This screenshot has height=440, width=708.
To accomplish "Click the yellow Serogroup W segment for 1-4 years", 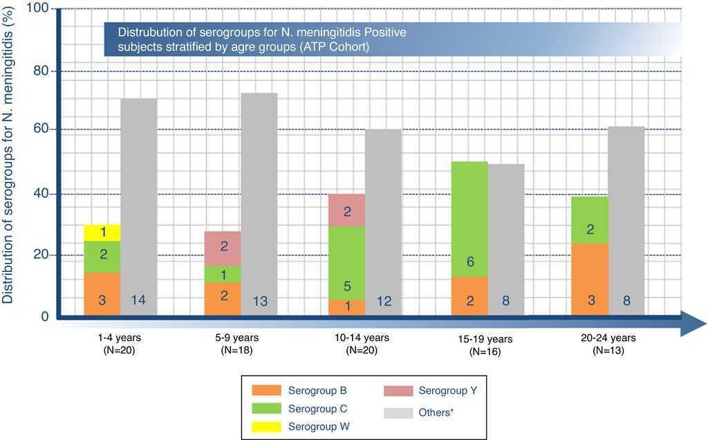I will click(x=102, y=232).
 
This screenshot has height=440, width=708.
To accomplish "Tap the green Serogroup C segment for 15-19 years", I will click(x=469, y=219).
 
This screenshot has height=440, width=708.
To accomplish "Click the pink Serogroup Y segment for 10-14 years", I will click(x=346, y=210).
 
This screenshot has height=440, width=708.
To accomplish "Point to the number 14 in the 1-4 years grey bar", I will click(x=138, y=300).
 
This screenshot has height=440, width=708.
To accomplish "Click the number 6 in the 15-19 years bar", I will click(x=469, y=262).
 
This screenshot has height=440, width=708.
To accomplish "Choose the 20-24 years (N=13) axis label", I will click(x=608, y=344).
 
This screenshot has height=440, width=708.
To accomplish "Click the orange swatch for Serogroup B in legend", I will click(x=263, y=391).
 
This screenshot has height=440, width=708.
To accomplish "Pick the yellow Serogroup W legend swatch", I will click(x=263, y=426).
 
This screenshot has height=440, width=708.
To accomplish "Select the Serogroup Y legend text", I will click(x=447, y=391).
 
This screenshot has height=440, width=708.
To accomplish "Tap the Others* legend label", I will click(x=436, y=413).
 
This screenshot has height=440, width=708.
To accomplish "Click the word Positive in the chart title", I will click(x=384, y=33).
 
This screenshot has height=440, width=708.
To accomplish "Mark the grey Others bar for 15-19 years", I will click(x=506, y=239).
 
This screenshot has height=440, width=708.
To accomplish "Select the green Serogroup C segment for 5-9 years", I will click(x=223, y=274).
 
